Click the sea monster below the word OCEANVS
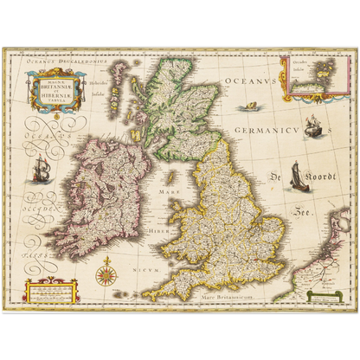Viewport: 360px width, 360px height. (250, 106)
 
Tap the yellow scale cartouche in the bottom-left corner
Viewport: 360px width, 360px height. (50, 292)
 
